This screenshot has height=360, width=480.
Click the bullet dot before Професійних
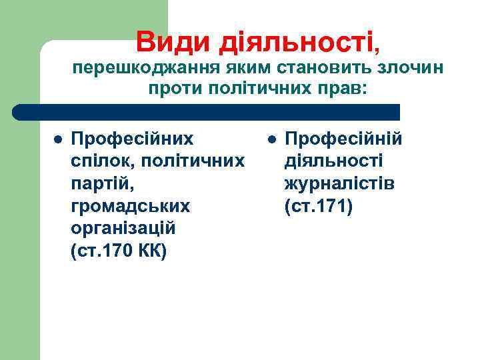tap(57, 140)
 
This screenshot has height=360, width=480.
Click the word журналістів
tap(339, 184)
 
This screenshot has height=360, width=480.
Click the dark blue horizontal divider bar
tap(207, 112)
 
